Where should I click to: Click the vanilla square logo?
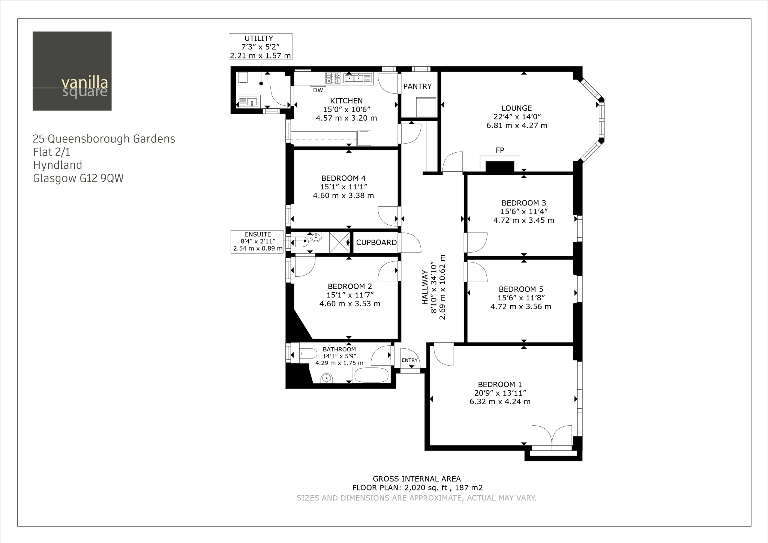[72, 71]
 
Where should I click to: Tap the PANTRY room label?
[417, 86]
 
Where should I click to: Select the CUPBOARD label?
[376, 243]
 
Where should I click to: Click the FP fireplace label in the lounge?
[499, 150]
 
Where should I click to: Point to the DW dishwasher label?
[318, 90]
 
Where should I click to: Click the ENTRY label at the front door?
[409, 360]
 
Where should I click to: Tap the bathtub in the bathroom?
[371, 375]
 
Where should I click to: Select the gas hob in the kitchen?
[333, 78]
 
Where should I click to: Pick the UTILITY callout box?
[260, 47]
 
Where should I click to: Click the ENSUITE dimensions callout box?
[257, 242]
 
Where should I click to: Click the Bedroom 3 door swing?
[475, 243]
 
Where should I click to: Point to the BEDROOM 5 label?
[520, 289]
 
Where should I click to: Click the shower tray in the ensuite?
[339, 243]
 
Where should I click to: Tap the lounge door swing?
[453, 162]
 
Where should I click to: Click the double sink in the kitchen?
[358, 78]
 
